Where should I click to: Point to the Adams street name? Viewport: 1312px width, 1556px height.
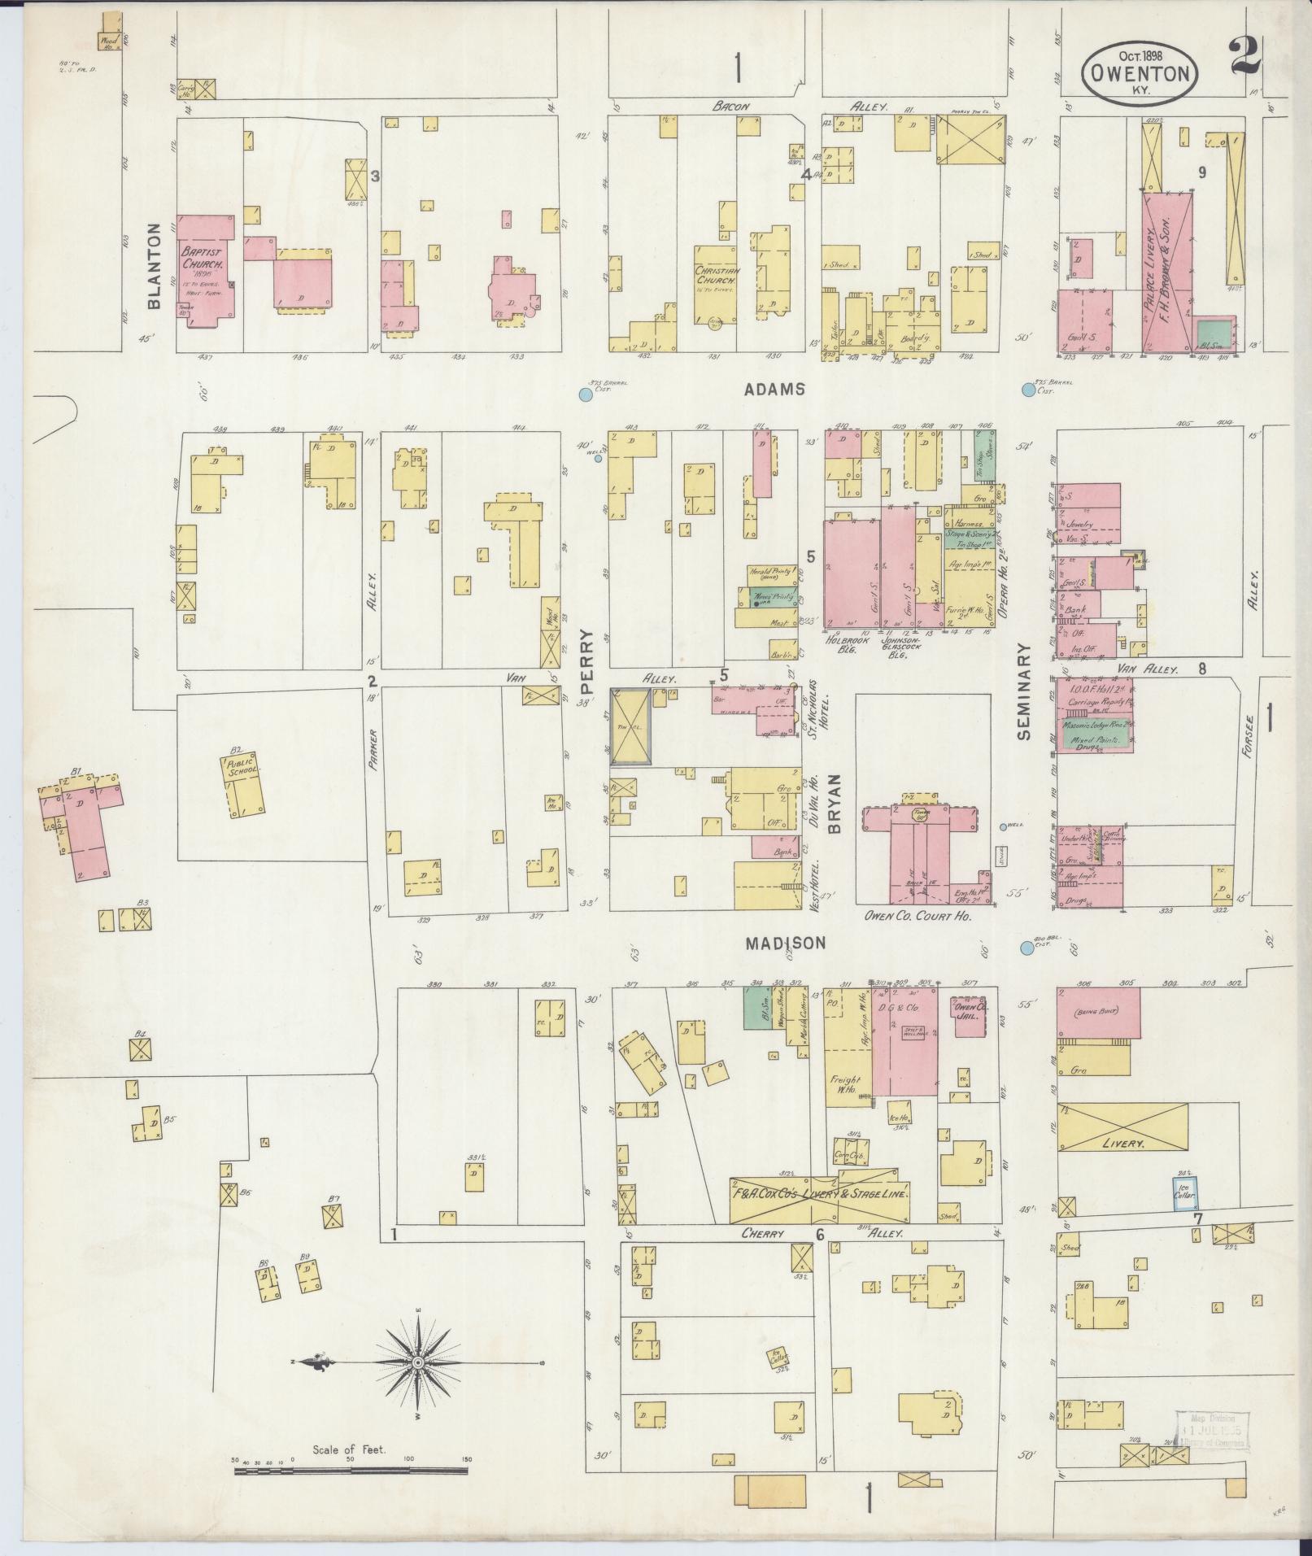(774, 390)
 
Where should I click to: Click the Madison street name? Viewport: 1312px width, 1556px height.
(786, 943)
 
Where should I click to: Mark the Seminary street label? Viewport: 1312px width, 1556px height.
(1022, 691)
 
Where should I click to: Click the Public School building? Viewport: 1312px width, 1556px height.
(245, 785)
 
